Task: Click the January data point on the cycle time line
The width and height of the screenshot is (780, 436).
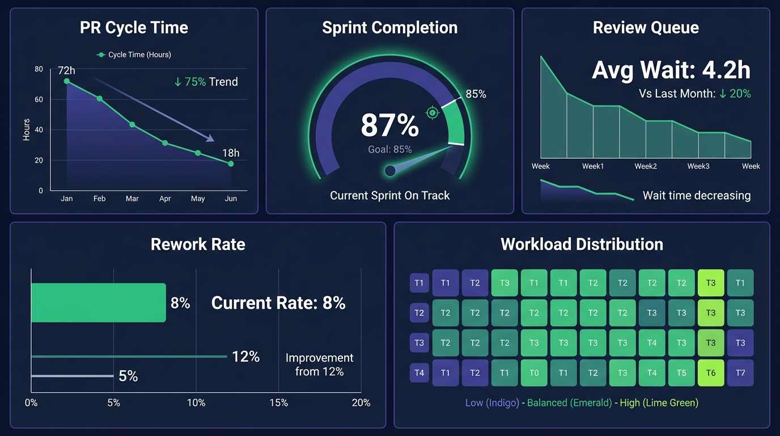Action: [x=67, y=81]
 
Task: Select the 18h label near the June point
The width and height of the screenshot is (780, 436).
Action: [x=231, y=153]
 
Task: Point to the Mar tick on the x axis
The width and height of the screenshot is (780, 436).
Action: [x=132, y=199]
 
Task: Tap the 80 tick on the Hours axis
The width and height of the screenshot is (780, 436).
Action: [x=39, y=69]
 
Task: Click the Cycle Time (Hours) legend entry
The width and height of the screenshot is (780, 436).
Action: [x=134, y=54]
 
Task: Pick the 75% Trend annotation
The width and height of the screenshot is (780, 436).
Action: [x=206, y=82]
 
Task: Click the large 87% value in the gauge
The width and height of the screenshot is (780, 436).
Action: [x=389, y=125]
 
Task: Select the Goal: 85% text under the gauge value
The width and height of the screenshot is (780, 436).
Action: [x=389, y=149]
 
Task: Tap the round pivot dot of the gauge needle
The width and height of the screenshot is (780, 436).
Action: [x=390, y=170]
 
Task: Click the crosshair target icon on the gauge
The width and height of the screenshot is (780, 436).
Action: [x=433, y=112]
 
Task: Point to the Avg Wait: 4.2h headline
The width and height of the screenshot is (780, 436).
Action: [x=671, y=70]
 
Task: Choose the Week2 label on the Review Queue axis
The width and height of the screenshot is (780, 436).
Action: [x=646, y=166]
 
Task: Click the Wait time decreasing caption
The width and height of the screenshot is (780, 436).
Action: [x=696, y=196]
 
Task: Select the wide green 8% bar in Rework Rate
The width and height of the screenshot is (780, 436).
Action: [x=99, y=303]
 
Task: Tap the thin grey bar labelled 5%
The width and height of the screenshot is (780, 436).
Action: [x=73, y=376]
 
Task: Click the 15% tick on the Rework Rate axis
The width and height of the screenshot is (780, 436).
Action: [x=279, y=403]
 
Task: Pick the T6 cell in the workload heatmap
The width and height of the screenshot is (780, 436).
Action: [x=711, y=373]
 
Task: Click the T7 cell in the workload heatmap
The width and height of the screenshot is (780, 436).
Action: [x=740, y=373]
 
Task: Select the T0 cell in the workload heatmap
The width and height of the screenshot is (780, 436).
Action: [x=534, y=373]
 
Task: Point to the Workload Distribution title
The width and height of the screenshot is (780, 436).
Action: [x=582, y=244]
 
